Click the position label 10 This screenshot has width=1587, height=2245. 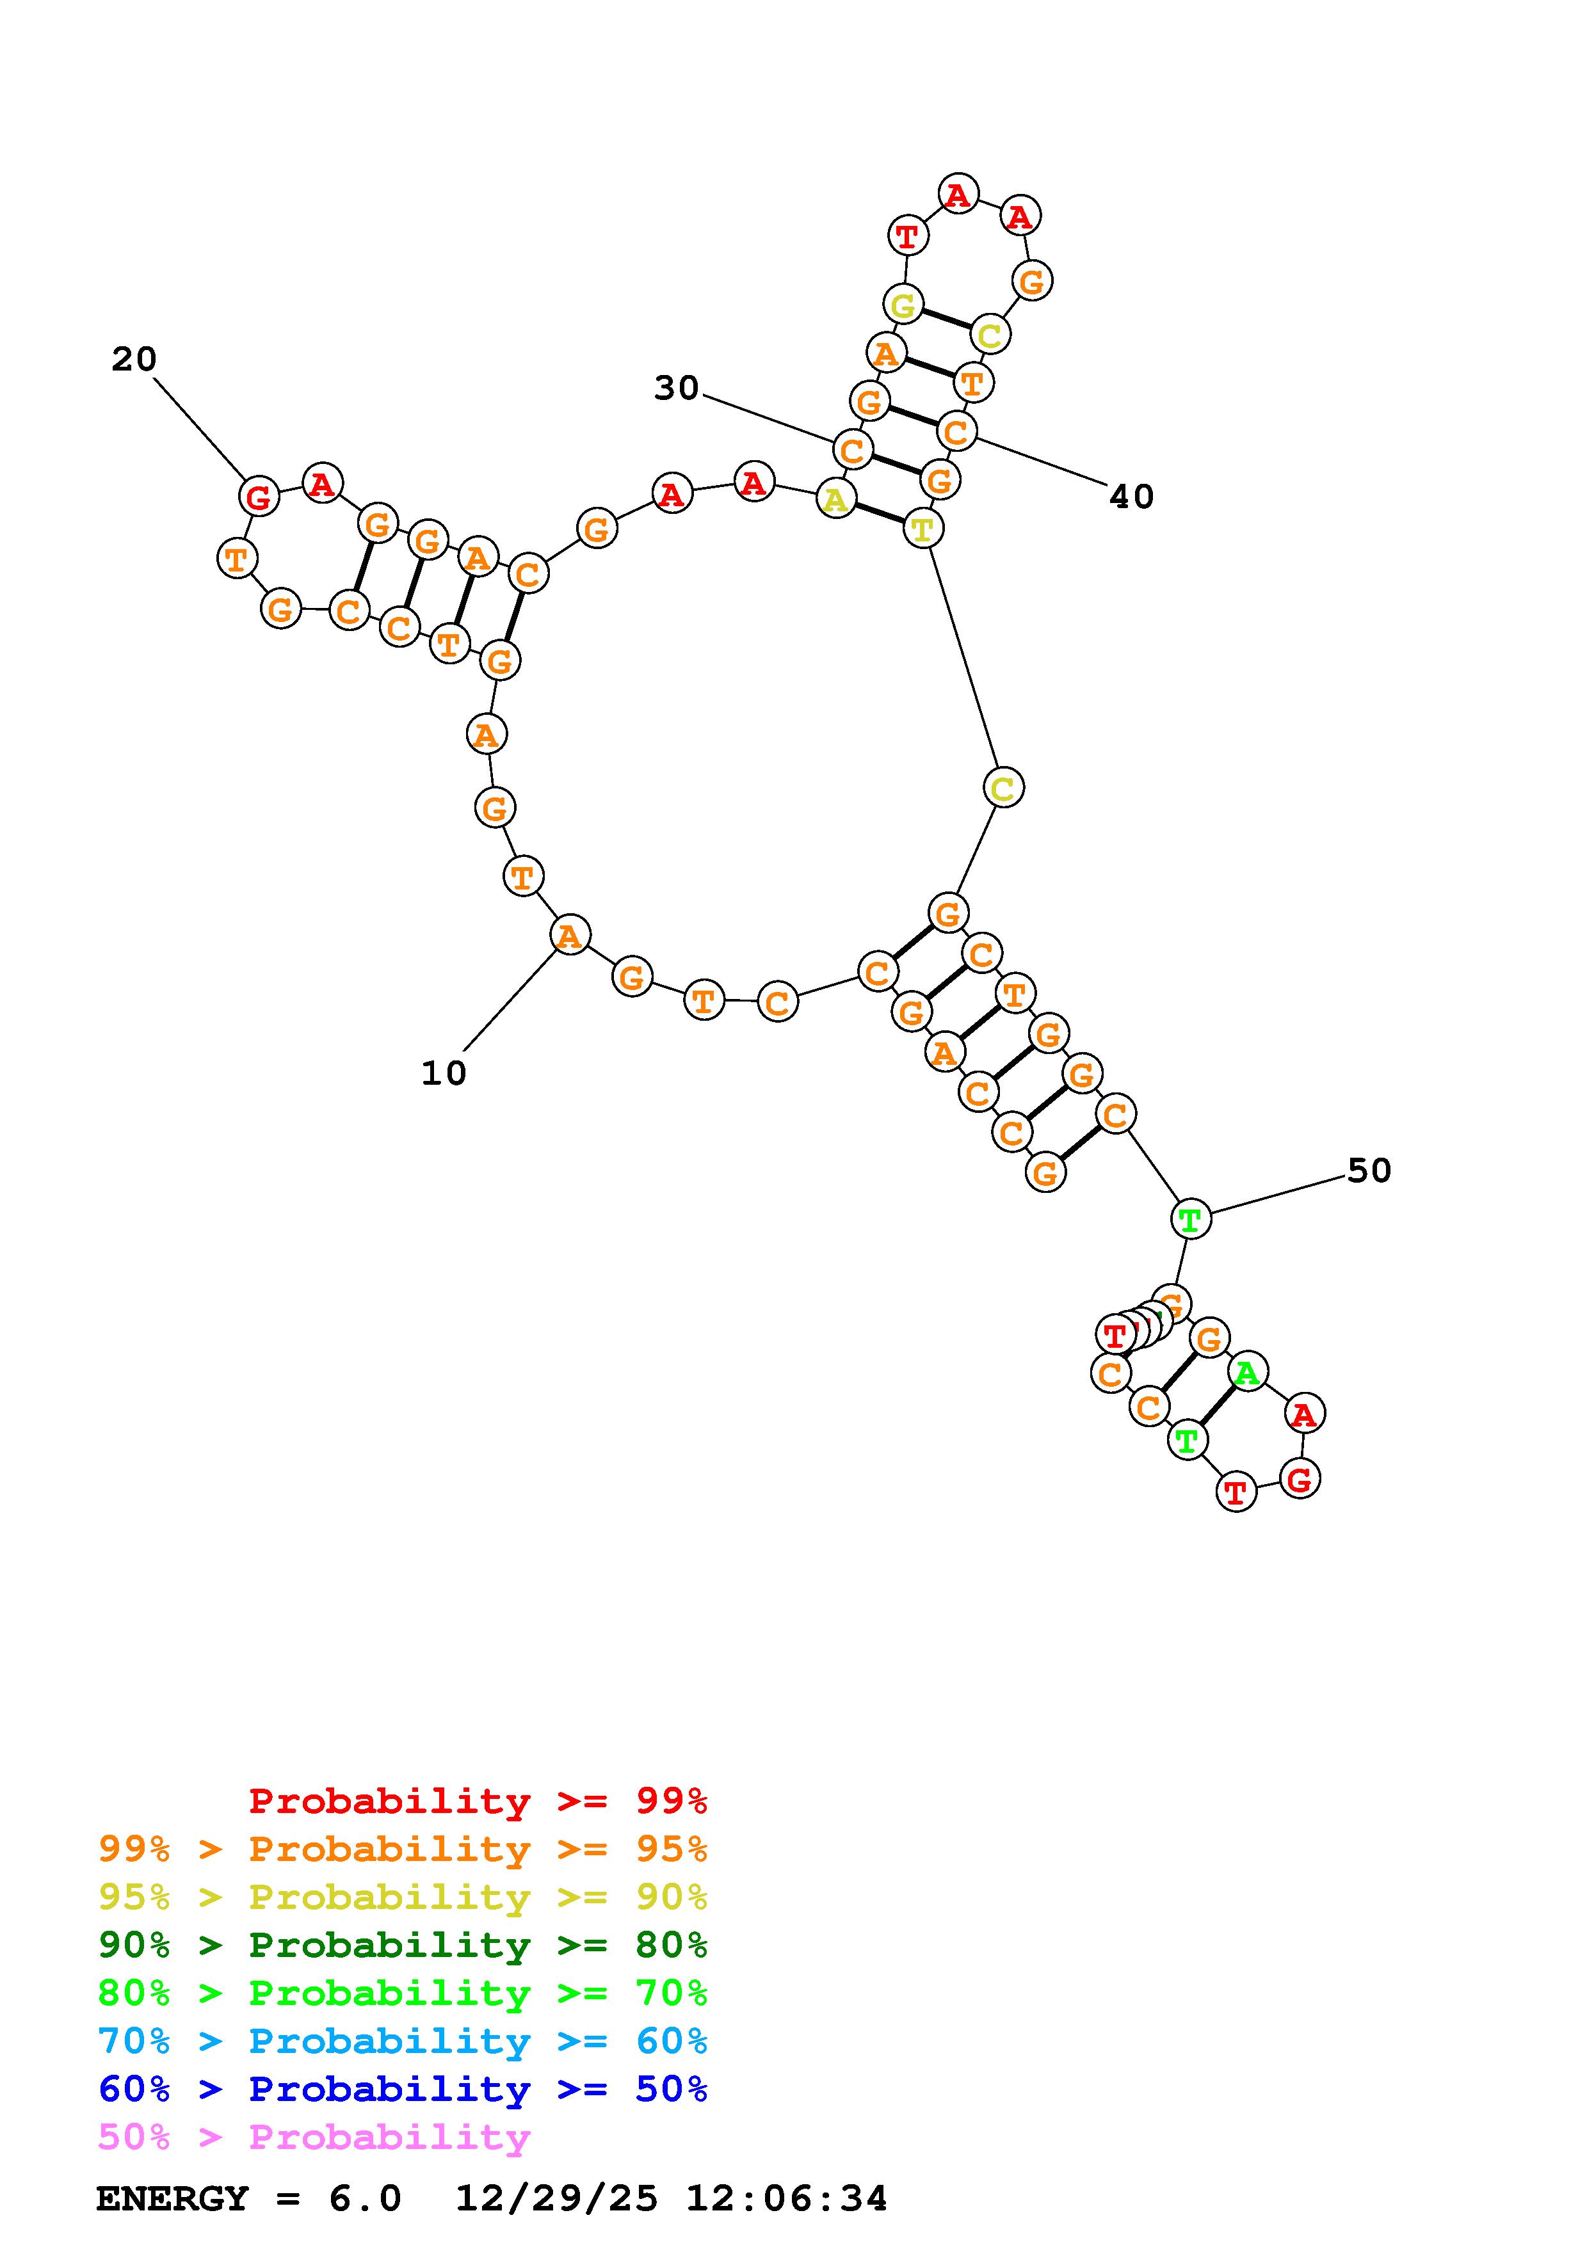444,1074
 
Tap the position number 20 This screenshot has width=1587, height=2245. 134,360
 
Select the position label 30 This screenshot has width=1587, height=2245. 677,388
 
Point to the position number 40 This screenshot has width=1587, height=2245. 1131,497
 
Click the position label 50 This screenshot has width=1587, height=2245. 1369,1170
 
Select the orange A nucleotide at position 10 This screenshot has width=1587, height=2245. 569,936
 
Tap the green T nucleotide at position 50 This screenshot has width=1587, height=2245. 1190,1219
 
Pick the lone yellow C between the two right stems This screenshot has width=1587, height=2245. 1003,787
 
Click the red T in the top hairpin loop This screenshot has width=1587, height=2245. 907,236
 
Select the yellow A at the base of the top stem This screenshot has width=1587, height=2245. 835,500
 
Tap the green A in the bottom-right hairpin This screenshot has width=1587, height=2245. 1246,1373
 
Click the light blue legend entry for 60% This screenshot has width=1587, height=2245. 403,2041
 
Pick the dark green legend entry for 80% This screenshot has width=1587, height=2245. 403,1945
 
